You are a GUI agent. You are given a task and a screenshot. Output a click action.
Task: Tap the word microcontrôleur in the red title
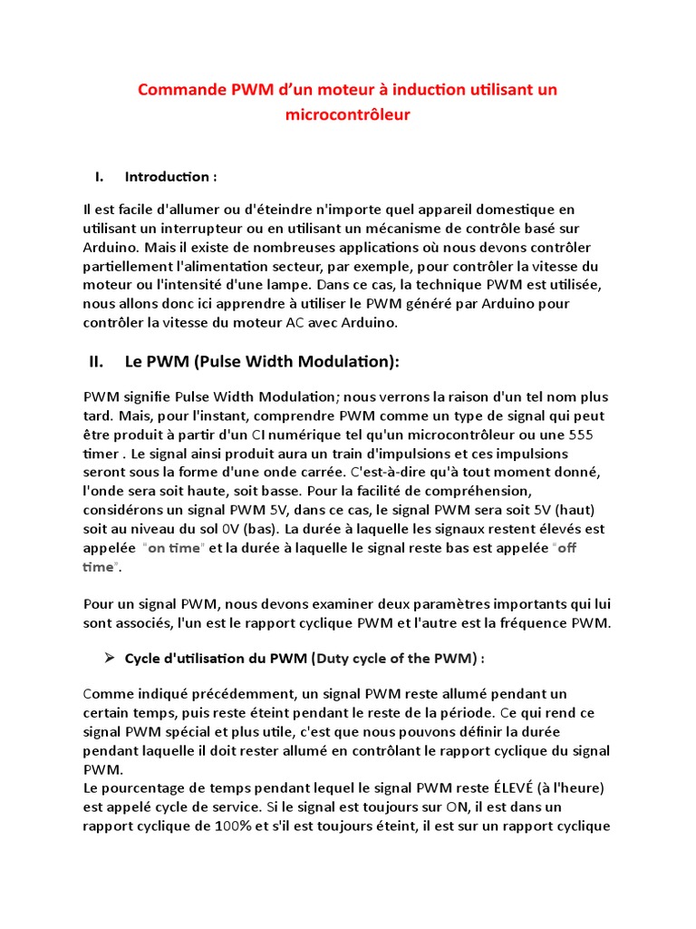(x=347, y=114)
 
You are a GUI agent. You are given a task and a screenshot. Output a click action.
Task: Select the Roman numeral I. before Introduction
(x=100, y=176)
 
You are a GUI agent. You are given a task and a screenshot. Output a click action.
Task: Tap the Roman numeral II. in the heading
(x=97, y=362)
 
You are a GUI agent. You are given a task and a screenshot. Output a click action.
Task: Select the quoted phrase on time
(x=175, y=548)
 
